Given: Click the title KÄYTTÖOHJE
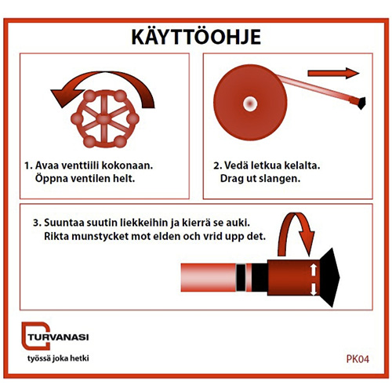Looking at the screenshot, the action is (x=196, y=37).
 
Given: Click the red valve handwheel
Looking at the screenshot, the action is (x=105, y=119).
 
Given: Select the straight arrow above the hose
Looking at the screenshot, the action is (x=333, y=73).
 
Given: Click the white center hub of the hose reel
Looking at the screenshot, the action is (x=250, y=103).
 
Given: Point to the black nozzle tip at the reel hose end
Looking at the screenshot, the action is (x=361, y=103).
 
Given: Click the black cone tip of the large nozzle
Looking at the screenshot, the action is (x=331, y=278).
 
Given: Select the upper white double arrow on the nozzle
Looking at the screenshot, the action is (x=314, y=270).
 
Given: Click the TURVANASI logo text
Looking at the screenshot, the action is (x=58, y=337).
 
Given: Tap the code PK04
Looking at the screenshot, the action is (x=358, y=359).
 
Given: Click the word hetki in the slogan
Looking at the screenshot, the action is (x=79, y=358).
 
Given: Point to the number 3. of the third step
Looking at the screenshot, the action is (x=37, y=223).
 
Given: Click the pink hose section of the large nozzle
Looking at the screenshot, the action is (x=209, y=278).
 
